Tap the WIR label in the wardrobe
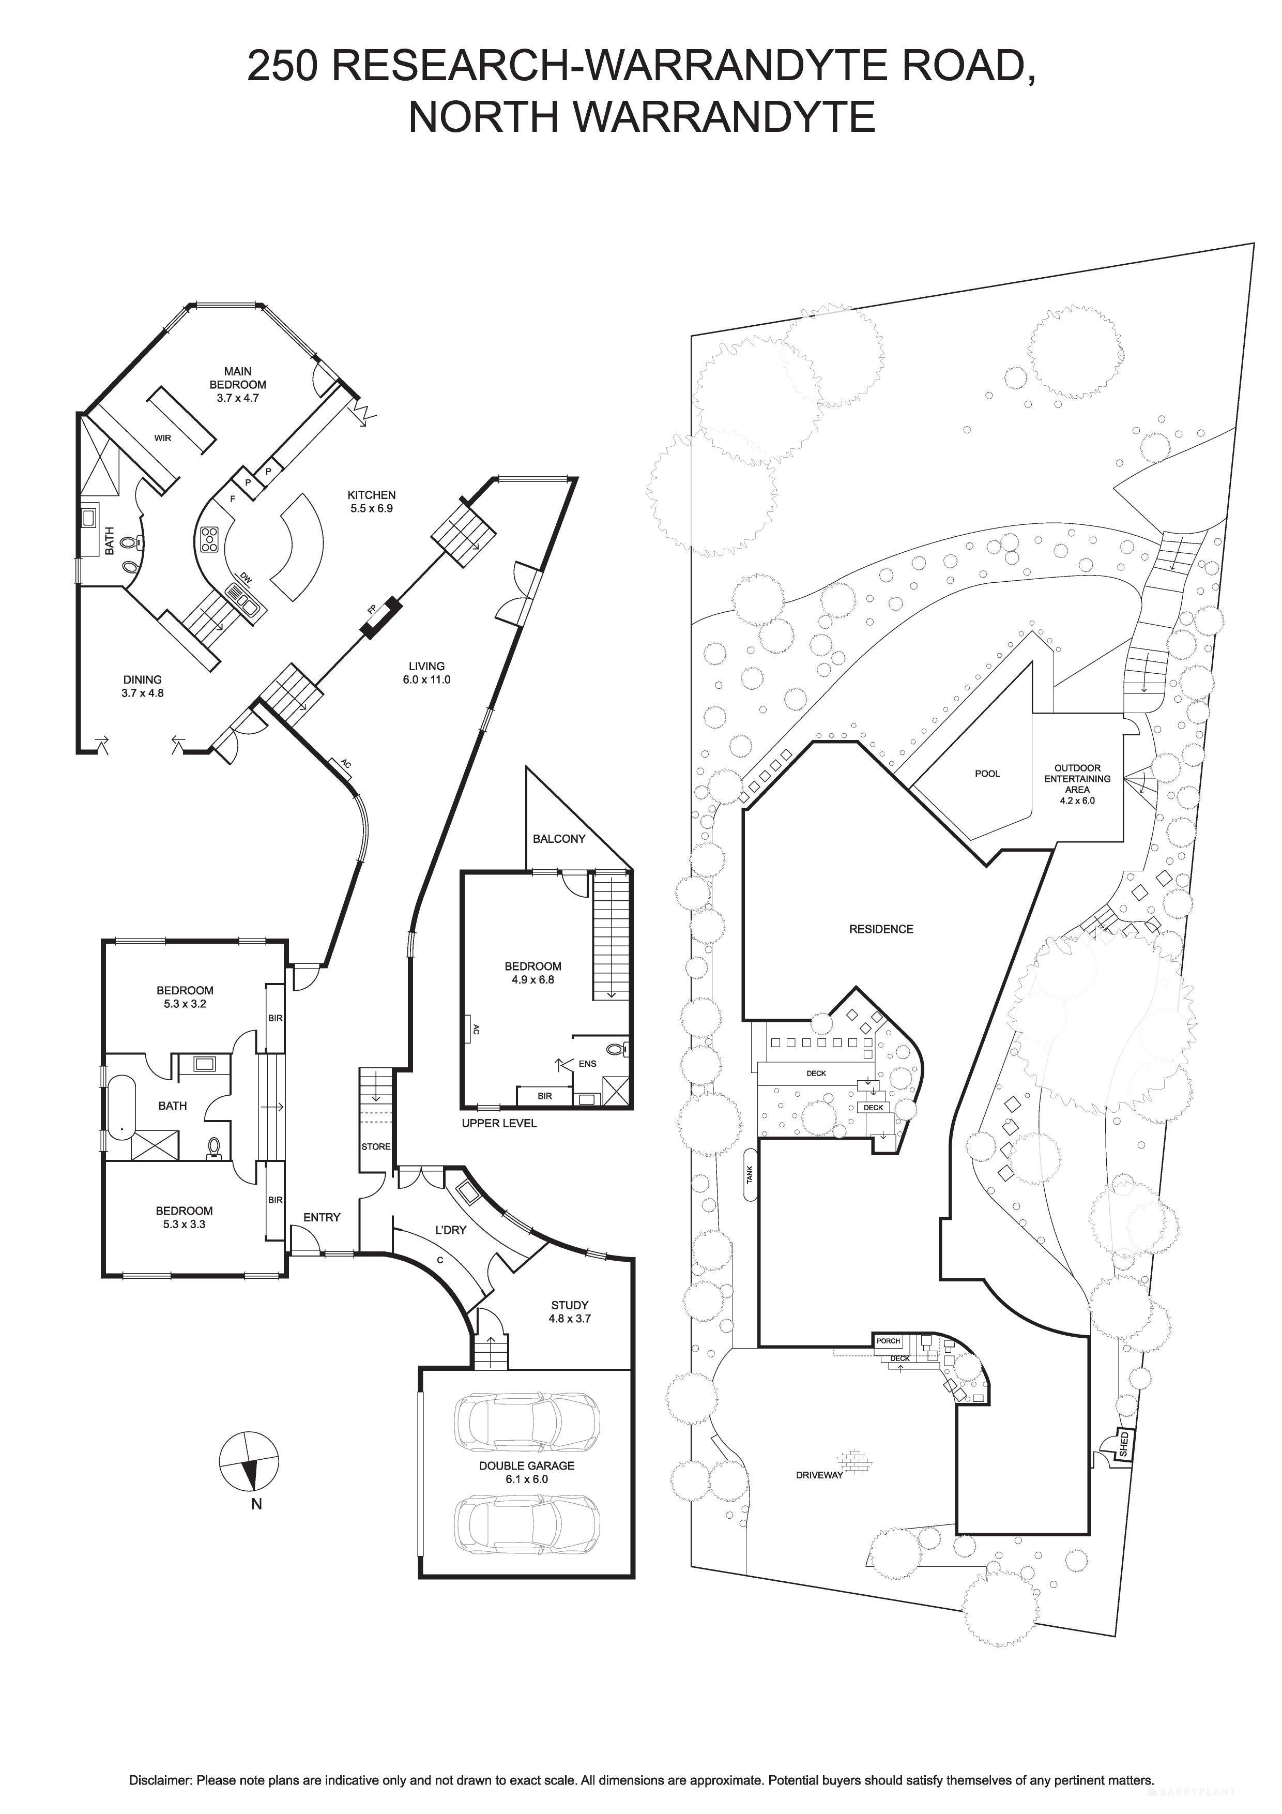pos(163,437)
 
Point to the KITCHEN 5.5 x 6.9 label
pos(371,502)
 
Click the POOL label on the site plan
pos(987,774)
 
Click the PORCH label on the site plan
pos(888,1341)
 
